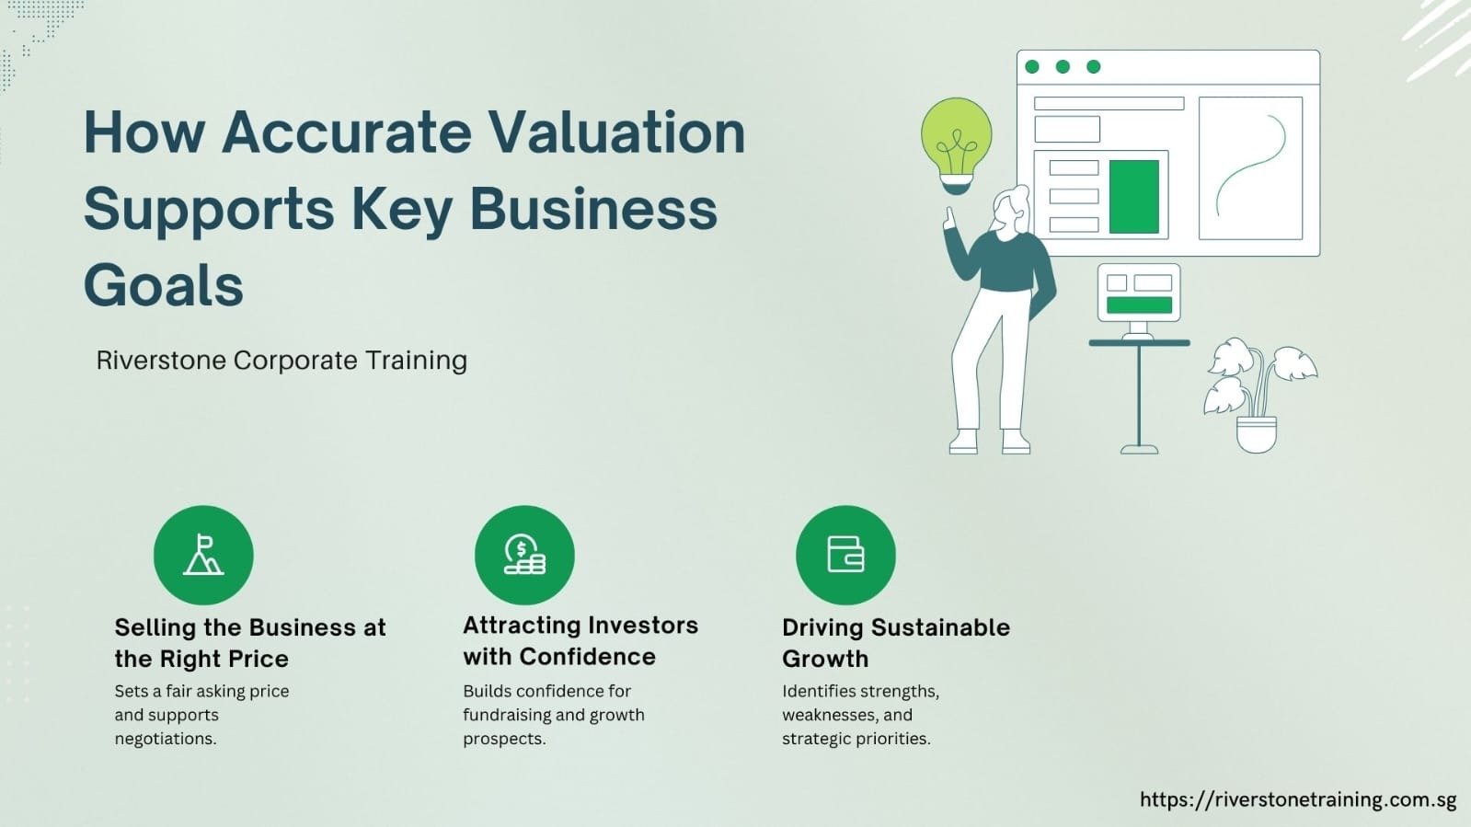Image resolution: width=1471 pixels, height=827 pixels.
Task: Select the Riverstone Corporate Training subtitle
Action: (x=282, y=360)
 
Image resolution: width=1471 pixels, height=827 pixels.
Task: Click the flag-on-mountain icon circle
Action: (x=203, y=555)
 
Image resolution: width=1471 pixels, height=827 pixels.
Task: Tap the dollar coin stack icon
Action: (x=524, y=555)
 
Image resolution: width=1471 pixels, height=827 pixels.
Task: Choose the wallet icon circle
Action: (x=845, y=555)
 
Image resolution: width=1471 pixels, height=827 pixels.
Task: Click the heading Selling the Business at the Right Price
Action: (x=250, y=643)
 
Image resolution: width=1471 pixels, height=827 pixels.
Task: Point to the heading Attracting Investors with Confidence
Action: (x=580, y=640)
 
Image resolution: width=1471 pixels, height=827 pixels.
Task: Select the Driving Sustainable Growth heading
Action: (x=896, y=643)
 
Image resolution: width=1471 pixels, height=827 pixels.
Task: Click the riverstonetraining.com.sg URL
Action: (x=1298, y=799)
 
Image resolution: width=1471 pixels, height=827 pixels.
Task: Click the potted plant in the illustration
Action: (x=1258, y=395)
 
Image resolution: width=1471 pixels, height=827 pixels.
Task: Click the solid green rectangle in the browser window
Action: (x=1134, y=197)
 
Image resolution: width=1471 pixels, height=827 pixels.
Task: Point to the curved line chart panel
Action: (x=1251, y=168)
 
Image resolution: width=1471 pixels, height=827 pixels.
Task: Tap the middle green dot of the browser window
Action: (x=1063, y=66)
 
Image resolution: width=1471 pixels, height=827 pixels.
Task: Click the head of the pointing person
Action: (x=1010, y=209)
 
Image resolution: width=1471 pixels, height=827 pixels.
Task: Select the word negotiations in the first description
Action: (x=166, y=739)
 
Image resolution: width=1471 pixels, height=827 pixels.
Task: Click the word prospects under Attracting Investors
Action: (x=504, y=739)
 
